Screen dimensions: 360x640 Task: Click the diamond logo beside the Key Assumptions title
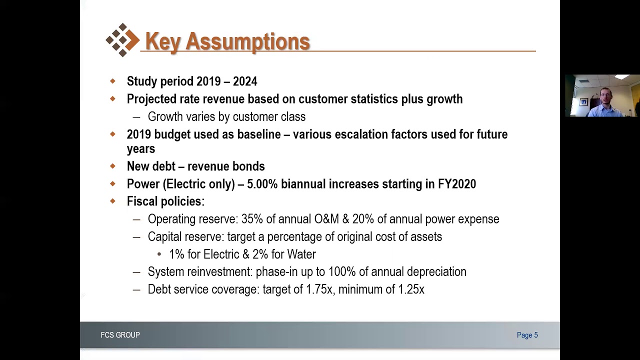pos(122,40)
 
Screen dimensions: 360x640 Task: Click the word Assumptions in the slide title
pos(247,41)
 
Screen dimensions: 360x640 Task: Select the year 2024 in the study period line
pos(245,81)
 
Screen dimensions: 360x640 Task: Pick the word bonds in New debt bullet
pos(251,166)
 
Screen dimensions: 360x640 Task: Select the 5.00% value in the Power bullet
pos(262,184)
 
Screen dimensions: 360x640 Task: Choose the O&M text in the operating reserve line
pos(326,219)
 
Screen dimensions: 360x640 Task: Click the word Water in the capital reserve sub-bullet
pos(301,254)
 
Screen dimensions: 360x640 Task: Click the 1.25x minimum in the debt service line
pos(411,289)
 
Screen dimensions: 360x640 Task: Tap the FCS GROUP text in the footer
pos(120,335)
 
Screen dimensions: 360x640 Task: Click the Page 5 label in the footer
pos(527,335)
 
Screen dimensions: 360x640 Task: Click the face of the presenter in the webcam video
pos(605,95)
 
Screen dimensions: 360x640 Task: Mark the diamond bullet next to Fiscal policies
pos(112,201)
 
